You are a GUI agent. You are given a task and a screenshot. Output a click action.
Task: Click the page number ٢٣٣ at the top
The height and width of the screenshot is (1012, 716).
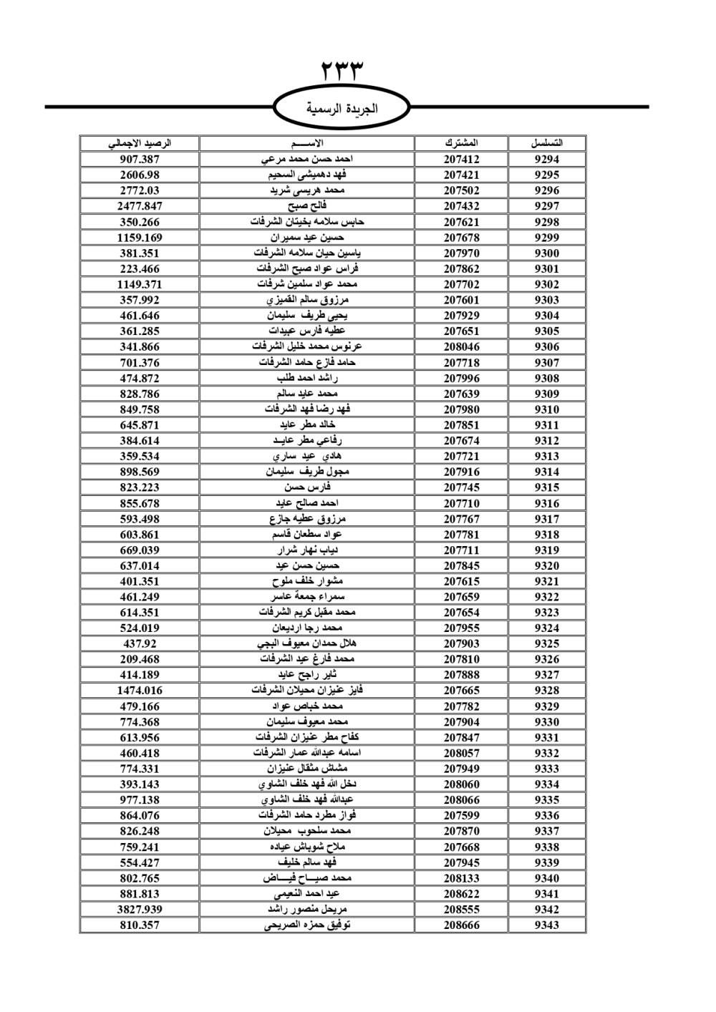coord(342,72)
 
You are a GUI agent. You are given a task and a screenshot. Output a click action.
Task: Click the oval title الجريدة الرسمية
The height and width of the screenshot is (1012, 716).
coord(342,109)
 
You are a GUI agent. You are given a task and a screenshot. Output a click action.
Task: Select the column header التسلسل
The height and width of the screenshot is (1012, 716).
coord(546,143)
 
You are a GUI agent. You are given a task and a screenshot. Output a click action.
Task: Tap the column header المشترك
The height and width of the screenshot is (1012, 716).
coord(461,143)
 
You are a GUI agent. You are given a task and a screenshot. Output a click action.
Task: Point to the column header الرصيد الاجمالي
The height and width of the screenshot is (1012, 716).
coord(140,143)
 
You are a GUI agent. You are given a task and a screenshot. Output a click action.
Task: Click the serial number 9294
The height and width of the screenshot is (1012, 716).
coord(546,160)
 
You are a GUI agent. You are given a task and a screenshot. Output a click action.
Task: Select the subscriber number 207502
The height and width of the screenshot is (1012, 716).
coord(461,190)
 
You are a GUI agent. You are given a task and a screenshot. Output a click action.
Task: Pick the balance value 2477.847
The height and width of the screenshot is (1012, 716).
coord(140,206)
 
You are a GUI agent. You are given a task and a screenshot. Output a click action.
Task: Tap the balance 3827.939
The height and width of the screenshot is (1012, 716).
coord(140,909)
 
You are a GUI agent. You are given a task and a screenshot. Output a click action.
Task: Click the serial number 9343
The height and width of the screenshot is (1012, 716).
coord(546,925)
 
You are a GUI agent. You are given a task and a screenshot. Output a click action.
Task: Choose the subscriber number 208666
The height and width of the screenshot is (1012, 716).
coord(461,925)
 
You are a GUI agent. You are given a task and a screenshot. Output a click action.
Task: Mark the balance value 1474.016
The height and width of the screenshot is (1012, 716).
coord(140,691)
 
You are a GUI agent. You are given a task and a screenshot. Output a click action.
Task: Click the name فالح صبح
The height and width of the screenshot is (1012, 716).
coord(307,206)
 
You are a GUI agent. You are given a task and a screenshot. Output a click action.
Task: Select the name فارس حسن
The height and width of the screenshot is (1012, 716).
coord(307,487)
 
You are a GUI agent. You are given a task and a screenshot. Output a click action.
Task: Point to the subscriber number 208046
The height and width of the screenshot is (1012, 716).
coord(461,347)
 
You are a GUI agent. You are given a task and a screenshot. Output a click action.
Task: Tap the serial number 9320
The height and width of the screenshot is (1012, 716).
coord(546,565)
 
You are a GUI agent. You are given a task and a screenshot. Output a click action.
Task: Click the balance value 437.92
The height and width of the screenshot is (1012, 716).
coord(140,643)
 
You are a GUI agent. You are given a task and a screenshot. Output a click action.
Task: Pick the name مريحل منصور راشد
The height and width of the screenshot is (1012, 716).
coord(307,909)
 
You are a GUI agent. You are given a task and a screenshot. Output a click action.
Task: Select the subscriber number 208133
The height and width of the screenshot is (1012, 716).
coord(461,878)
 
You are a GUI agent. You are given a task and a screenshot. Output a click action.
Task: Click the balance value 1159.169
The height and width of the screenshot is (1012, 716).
coord(140,238)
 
